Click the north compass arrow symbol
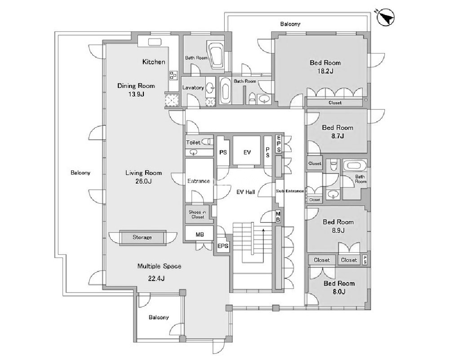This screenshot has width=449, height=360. click(386, 18)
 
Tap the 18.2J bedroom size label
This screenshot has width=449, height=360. click(325, 71)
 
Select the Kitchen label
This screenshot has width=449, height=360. click(154, 62)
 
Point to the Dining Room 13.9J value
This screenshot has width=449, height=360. click(136, 94)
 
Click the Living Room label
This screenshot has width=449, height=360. click(143, 173)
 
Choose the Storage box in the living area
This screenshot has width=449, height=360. click(142, 237)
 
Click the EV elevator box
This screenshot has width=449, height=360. click(247, 152)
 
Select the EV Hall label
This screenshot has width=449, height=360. click(246, 192)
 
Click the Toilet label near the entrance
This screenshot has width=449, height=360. click(193, 142)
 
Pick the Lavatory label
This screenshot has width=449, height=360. click(193, 88)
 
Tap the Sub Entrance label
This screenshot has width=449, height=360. click(290, 191)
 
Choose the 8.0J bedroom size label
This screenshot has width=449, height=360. click(339, 292)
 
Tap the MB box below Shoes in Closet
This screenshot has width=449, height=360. click(200, 235)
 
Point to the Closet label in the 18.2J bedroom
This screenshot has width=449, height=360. click(335, 103)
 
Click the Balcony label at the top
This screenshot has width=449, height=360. click(290, 24)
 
